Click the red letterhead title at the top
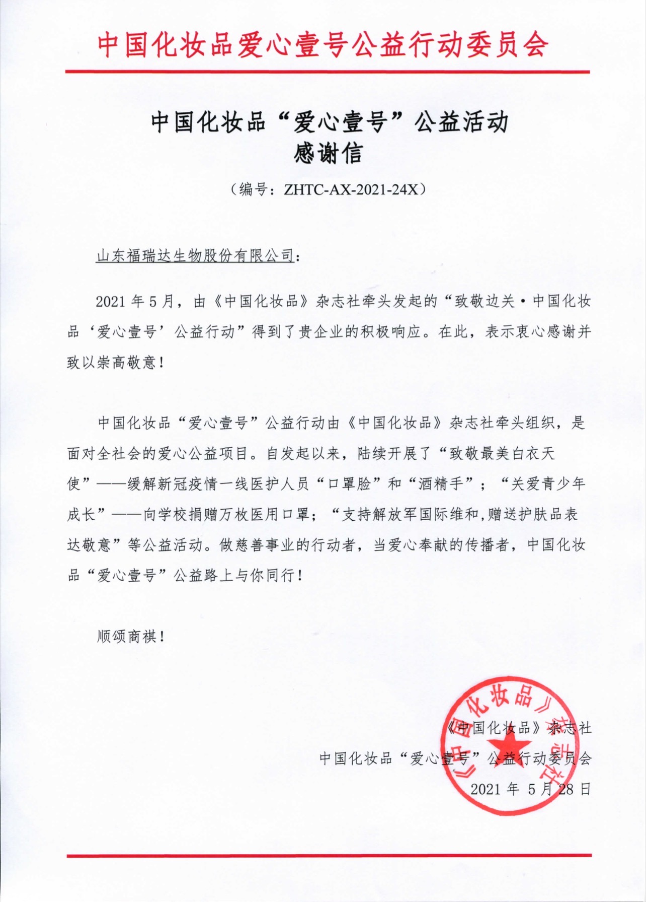pos(322,44)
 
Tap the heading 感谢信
pos(328,154)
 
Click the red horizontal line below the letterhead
pos(327,72)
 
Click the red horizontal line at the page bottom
pos(329,855)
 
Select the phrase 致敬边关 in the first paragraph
pos(484,302)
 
